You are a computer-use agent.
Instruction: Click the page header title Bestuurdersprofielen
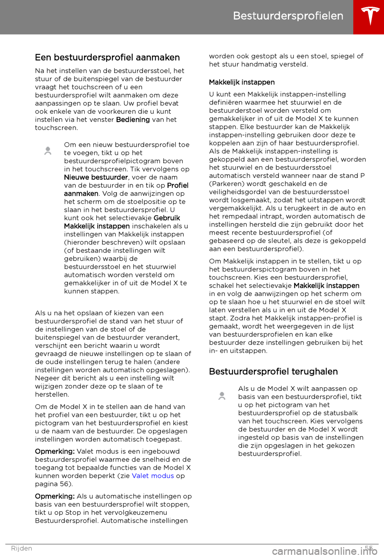(288, 16)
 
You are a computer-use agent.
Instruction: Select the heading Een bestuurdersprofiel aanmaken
(107, 58)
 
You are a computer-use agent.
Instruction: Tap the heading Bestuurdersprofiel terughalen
(273, 372)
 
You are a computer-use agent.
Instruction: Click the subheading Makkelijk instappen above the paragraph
(242, 82)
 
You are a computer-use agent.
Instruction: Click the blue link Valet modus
(153, 476)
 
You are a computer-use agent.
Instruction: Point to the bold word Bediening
(133, 120)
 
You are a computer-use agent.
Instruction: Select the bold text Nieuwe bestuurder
(96, 177)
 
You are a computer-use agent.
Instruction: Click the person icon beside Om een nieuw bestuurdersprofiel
(48, 151)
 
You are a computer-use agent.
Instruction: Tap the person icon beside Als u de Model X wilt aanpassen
(222, 396)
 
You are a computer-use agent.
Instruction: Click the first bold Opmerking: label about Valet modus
(55, 452)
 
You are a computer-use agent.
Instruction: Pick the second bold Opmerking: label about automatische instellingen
(55, 496)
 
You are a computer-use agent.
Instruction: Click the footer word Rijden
(22, 548)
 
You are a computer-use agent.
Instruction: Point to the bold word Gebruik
(167, 218)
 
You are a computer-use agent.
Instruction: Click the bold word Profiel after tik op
(178, 185)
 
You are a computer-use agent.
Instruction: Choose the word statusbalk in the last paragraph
(340, 413)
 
